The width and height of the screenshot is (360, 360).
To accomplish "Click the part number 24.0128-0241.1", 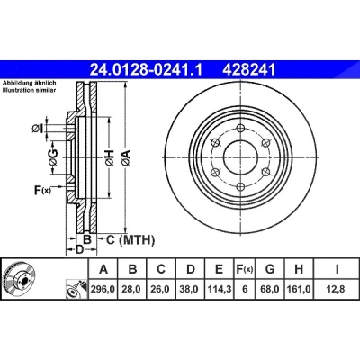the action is click(147, 70).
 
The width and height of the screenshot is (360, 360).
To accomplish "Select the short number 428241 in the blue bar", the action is click(248, 70).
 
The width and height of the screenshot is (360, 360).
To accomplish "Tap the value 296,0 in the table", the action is click(103, 289).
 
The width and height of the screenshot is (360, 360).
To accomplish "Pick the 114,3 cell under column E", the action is click(220, 289).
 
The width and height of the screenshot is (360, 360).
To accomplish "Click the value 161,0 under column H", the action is click(299, 289).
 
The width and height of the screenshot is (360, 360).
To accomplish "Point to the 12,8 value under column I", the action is click(337, 289).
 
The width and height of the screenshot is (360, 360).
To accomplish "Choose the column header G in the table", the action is click(270, 269).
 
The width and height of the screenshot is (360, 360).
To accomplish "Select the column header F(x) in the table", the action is click(245, 269).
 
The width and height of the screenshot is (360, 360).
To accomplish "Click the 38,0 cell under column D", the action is click(191, 289).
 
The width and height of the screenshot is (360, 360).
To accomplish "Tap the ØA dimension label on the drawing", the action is click(126, 158).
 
